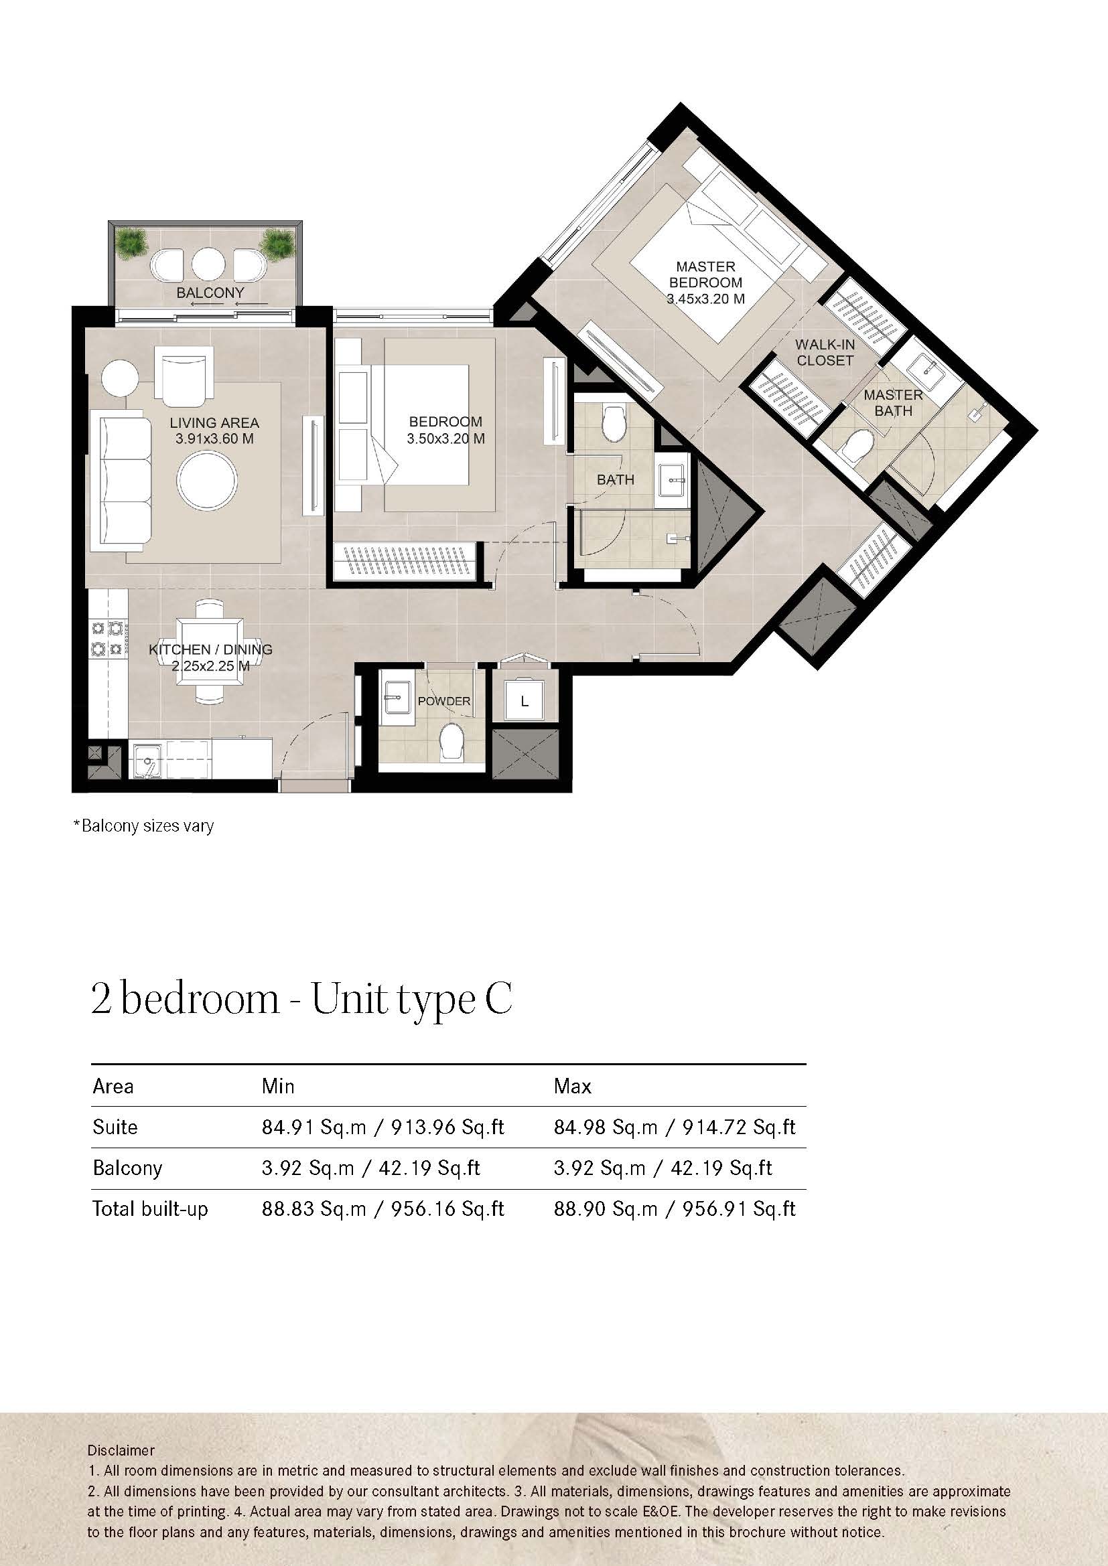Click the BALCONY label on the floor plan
pos(210,293)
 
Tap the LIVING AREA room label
pos(214,423)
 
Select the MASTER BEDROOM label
pos(705,275)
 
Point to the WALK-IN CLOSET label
pos(825,353)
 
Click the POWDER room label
pos(444,701)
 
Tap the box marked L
pos(524,700)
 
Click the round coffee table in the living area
pos(208,480)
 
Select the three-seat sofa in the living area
pos(125,481)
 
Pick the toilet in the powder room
pos(450,741)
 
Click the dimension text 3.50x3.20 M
pos(445,439)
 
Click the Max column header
pos(572,1086)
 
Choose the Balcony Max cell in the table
pos(663,1168)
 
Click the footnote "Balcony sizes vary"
pos(144,826)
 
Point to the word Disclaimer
pos(121,1451)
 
